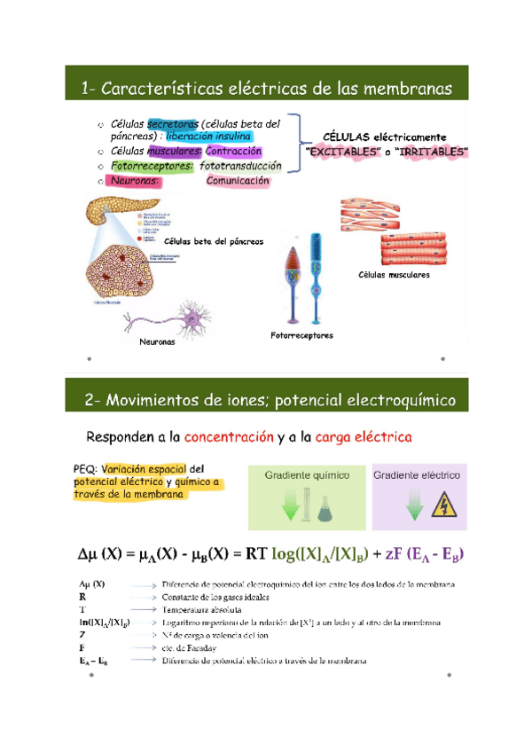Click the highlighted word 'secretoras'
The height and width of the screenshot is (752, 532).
tap(173, 124)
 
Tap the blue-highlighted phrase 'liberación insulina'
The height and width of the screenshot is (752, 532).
tap(208, 137)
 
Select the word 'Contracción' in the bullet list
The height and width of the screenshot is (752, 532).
tap(233, 152)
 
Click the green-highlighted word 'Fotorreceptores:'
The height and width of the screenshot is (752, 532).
tap(152, 166)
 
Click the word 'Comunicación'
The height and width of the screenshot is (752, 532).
tap(237, 180)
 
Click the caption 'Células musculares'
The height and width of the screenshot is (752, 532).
tap(394, 275)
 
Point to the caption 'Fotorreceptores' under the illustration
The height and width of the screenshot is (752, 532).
tap(301, 335)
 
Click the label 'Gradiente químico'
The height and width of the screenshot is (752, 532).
tap(307, 475)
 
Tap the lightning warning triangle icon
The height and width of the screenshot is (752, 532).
tap(443, 507)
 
